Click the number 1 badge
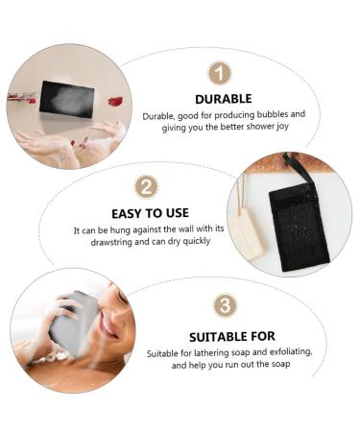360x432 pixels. tap(220, 73)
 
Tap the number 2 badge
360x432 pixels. tap(146, 187)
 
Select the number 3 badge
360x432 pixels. tap(226, 305)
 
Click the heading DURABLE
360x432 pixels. tap(224, 99)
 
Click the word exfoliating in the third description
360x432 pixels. tap(291, 352)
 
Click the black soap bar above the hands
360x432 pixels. tap(66, 99)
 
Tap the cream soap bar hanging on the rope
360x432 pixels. tap(245, 234)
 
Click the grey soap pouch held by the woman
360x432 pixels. tap(74, 324)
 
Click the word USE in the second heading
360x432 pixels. tap(178, 213)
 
